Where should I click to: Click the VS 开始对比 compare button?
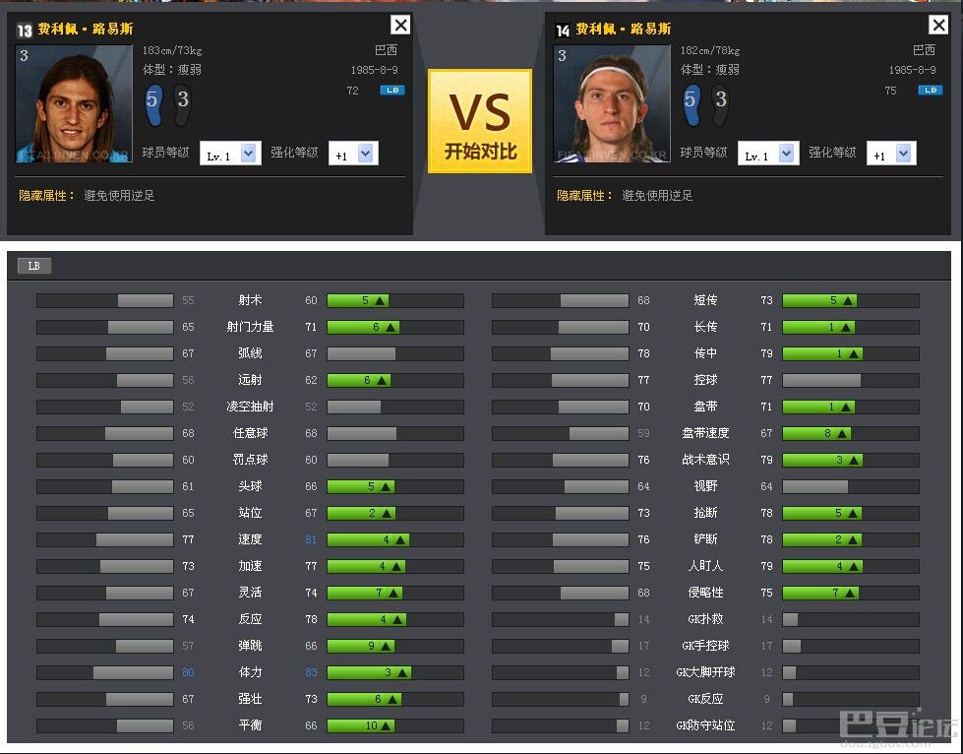(480, 121)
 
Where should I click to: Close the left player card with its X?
(400, 26)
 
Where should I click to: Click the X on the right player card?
(937, 26)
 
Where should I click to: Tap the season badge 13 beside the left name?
(25, 31)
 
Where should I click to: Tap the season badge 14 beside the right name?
(563, 31)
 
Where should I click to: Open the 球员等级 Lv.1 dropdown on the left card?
(229, 155)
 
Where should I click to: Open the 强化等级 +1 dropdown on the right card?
(891, 155)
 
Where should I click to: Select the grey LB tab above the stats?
(34, 266)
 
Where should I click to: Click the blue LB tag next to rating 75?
(930, 91)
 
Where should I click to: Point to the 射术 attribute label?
(250, 300)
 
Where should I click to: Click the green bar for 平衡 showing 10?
(360, 725)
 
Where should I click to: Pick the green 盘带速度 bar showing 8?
(816, 433)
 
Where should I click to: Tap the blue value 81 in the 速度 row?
(311, 539)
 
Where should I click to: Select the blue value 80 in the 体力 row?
(188, 672)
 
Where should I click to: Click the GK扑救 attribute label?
(705, 619)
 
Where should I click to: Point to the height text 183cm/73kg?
(172, 50)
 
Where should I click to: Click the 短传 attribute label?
(705, 300)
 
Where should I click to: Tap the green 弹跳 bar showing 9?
(360, 646)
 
